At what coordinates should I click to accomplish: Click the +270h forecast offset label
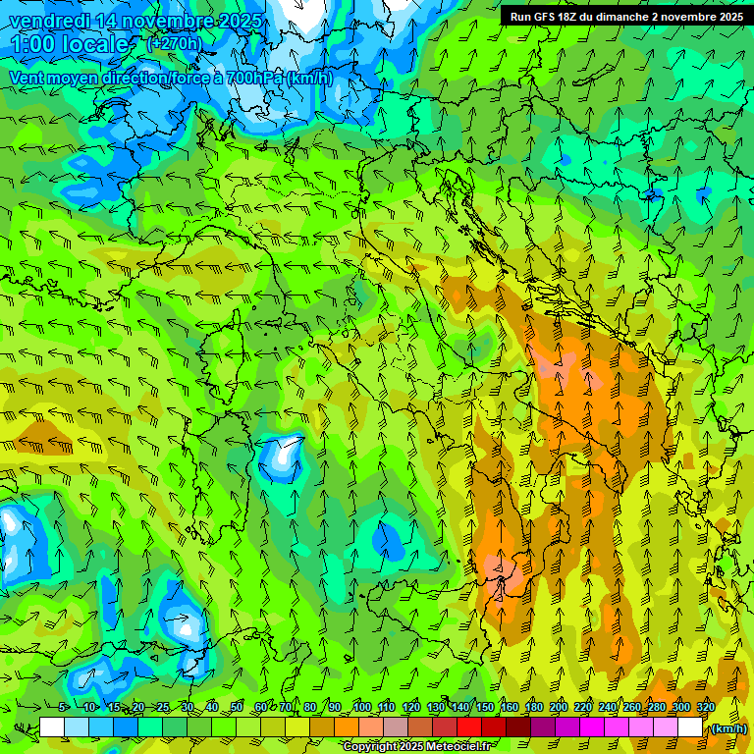pos(174,44)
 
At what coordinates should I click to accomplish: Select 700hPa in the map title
pos(252,78)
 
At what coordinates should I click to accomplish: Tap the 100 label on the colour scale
pos(362,708)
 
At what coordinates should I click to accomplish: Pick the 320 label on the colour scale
pos(705,708)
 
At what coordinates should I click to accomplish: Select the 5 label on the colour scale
pos(64,708)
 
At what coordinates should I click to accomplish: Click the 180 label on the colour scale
pos(533,708)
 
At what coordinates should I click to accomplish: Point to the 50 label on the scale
pos(237,708)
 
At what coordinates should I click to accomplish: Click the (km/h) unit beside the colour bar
pos(728,728)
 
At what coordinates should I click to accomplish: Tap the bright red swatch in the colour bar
pos(469,727)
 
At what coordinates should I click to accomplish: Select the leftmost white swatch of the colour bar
pos(52,727)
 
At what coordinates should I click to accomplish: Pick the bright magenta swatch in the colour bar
pos(592,727)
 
